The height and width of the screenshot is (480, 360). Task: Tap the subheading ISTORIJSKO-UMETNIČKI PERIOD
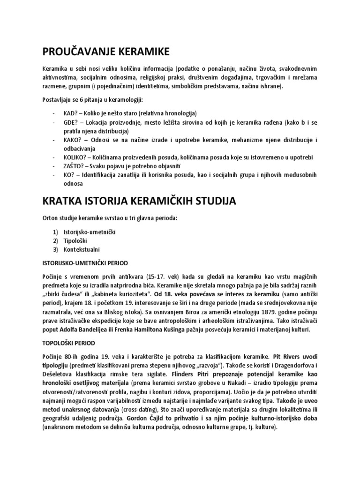tap(85, 263)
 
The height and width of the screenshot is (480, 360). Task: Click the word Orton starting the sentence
tap(50, 219)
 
